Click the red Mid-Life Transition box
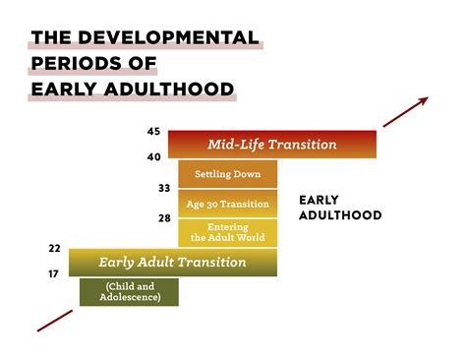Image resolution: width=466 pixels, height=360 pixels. (x=272, y=145)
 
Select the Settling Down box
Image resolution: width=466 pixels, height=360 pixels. (x=228, y=174)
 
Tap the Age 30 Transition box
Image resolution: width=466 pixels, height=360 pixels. (x=228, y=204)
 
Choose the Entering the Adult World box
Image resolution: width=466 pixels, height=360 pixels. (x=228, y=232)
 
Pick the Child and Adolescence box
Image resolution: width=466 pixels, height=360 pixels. (x=130, y=292)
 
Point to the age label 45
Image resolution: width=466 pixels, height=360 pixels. (x=152, y=132)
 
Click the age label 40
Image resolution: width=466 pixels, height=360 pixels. (x=152, y=156)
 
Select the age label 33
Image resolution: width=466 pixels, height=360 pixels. (x=163, y=188)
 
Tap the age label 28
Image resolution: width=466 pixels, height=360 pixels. (x=163, y=217)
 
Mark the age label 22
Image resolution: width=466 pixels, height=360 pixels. (x=54, y=249)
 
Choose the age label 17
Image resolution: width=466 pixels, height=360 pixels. (x=54, y=274)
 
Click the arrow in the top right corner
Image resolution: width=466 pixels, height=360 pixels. (x=405, y=112)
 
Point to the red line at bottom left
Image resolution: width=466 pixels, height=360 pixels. (x=54, y=321)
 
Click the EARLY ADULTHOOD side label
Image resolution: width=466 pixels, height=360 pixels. (x=340, y=207)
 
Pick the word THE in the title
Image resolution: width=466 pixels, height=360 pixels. (x=50, y=38)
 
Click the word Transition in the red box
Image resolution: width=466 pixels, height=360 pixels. (x=302, y=145)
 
